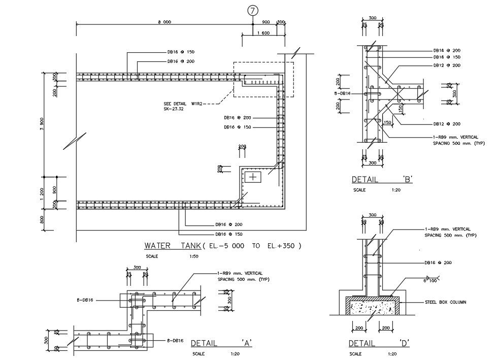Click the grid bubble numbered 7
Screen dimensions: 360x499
(x=252, y=10)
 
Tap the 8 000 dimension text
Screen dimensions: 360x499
(x=164, y=22)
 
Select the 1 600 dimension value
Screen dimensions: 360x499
(x=263, y=33)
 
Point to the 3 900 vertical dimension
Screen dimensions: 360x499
(x=42, y=124)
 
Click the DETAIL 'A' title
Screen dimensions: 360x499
(x=221, y=344)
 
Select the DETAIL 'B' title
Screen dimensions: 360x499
(x=382, y=179)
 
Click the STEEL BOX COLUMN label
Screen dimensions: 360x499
(x=445, y=302)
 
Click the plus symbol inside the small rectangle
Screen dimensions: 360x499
(x=252, y=177)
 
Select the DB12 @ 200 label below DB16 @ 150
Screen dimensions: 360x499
(x=447, y=66)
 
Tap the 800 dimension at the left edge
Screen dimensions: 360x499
(x=42, y=219)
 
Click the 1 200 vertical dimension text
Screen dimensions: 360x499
(x=42, y=192)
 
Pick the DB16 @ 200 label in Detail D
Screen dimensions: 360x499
(x=438, y=263)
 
